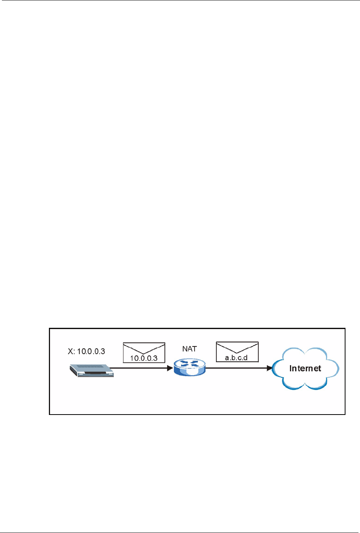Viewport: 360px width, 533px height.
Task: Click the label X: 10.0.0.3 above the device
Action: coord(86,351)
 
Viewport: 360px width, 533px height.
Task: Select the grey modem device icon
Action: coord(92,370)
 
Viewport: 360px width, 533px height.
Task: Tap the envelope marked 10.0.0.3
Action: coord(144,352)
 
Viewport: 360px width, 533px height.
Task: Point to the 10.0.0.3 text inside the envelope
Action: coord(144,358)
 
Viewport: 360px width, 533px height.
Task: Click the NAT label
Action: coord(190,349)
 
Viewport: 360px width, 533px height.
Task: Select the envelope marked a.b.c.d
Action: coord(237,352)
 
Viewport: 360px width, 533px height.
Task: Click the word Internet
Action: coord(305,368)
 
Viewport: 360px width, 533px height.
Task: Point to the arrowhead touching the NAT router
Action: coord(170,368)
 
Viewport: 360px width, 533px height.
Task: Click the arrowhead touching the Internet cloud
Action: coord(269,368)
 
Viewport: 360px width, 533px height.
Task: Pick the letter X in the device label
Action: coord(71,351)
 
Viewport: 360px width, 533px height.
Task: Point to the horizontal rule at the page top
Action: coord(180,1)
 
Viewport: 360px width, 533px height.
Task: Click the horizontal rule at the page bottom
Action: coord(180,532)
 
